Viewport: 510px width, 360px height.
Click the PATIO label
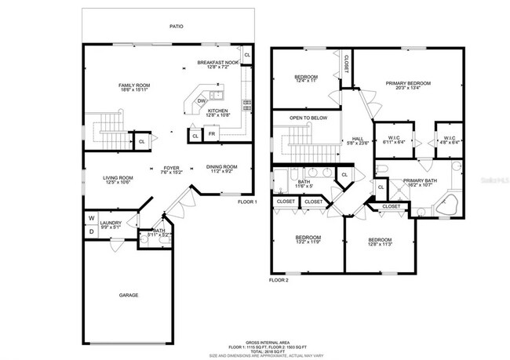tap(177, 27)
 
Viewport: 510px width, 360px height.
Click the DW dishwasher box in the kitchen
tap(202, 100)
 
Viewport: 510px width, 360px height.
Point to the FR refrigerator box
tap(211, 135)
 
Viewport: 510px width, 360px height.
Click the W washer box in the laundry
tap(90, 218)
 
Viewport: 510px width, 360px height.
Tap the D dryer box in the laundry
tap(90, 231)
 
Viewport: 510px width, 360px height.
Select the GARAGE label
tap(129, 295)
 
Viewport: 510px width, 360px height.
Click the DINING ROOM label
tap(221, 166)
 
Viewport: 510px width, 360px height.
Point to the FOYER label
tap(171, 168)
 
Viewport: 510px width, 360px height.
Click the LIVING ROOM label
tap(118, 178)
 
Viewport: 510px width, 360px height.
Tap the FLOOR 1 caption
tap(247, 202)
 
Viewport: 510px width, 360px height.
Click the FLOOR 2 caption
tap(279, 279)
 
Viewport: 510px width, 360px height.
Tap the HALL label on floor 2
tap(357, 139)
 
